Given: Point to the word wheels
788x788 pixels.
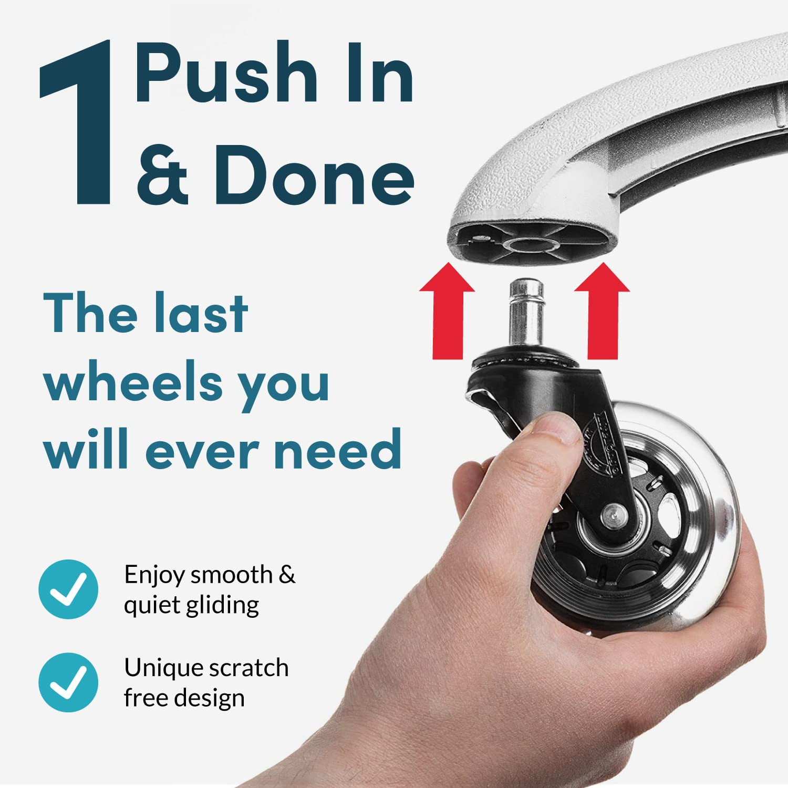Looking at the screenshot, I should coord(134,382).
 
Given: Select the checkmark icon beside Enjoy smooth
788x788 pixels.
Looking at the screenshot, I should coord(68,589).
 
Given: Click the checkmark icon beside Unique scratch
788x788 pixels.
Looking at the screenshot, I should coord(68,682).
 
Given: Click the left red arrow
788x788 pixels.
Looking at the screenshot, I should coord(447,313).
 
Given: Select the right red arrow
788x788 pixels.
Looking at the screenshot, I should coord(602,313).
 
